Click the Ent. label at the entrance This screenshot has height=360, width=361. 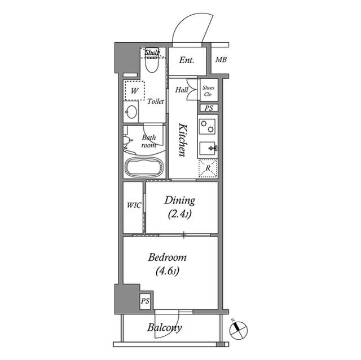click(x=186, y=60)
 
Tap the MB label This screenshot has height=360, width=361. click(x=221, y=60)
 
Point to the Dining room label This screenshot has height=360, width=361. click(x=179, y=206)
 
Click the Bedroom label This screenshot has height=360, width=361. click(x=167, y=264)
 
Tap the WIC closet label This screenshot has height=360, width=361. click(x=134, y=205)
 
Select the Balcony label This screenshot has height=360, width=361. click(x=165, y=328)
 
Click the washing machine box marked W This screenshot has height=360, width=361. click(x=135, y=90)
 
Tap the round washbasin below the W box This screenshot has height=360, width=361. click(x=131, y=112)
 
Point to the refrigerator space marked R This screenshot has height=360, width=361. click(x=208, y=168)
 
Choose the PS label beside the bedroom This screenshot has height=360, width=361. click(x=146, y=300)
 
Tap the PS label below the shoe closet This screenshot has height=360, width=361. click(x=209, y=108)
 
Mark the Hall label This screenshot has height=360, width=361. click(x=182, y=90)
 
